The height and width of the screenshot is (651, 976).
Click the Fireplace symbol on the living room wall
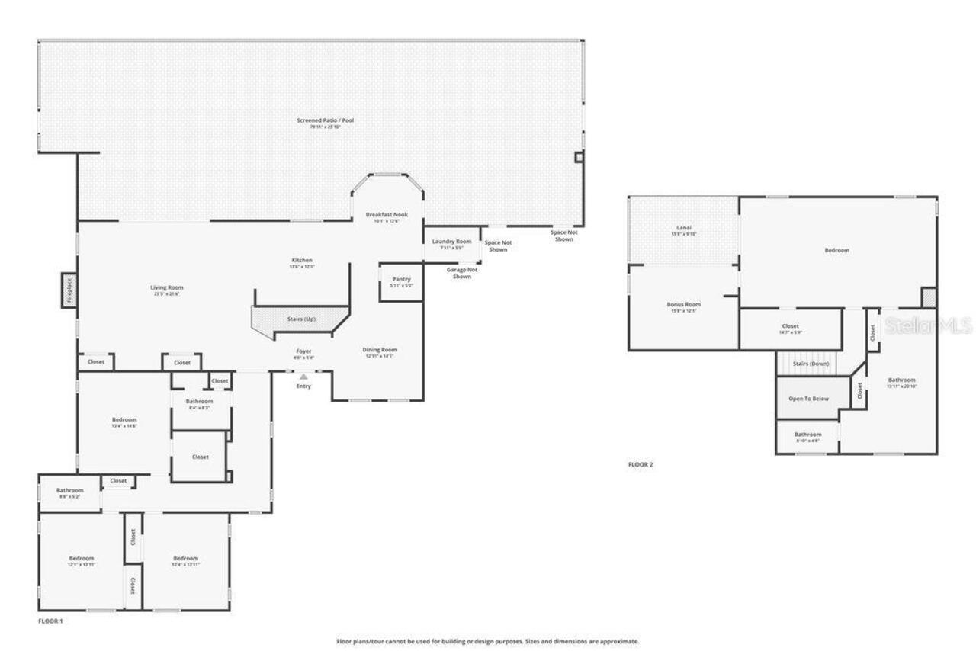tap(69, 291)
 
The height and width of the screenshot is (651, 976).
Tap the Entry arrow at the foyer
tap(303, 377)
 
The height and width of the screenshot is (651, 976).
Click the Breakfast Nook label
tap(387, 215)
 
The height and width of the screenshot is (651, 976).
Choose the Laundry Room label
tap(452, 242)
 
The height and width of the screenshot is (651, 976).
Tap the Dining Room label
tap(379, 350)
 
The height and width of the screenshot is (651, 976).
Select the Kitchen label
tap(301, 261)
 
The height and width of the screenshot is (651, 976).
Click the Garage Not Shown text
tap(462, 273)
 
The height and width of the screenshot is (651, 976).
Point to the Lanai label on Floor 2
tap(683, 228)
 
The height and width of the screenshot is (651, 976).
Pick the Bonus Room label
tap(683, 304)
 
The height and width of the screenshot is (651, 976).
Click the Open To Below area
tap(808, 398)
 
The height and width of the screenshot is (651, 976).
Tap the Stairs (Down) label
tap(811, 364)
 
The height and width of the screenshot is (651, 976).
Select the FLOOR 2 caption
tap(640, 464)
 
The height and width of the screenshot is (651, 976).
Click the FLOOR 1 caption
tap(50, 621)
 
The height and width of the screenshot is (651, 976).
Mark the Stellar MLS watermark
tap(928, 326)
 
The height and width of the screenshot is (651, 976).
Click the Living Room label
tap(166, 288)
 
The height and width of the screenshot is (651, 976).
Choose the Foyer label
tap(303, 351)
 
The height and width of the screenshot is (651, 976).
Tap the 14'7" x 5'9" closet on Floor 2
tap(791, 328)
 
